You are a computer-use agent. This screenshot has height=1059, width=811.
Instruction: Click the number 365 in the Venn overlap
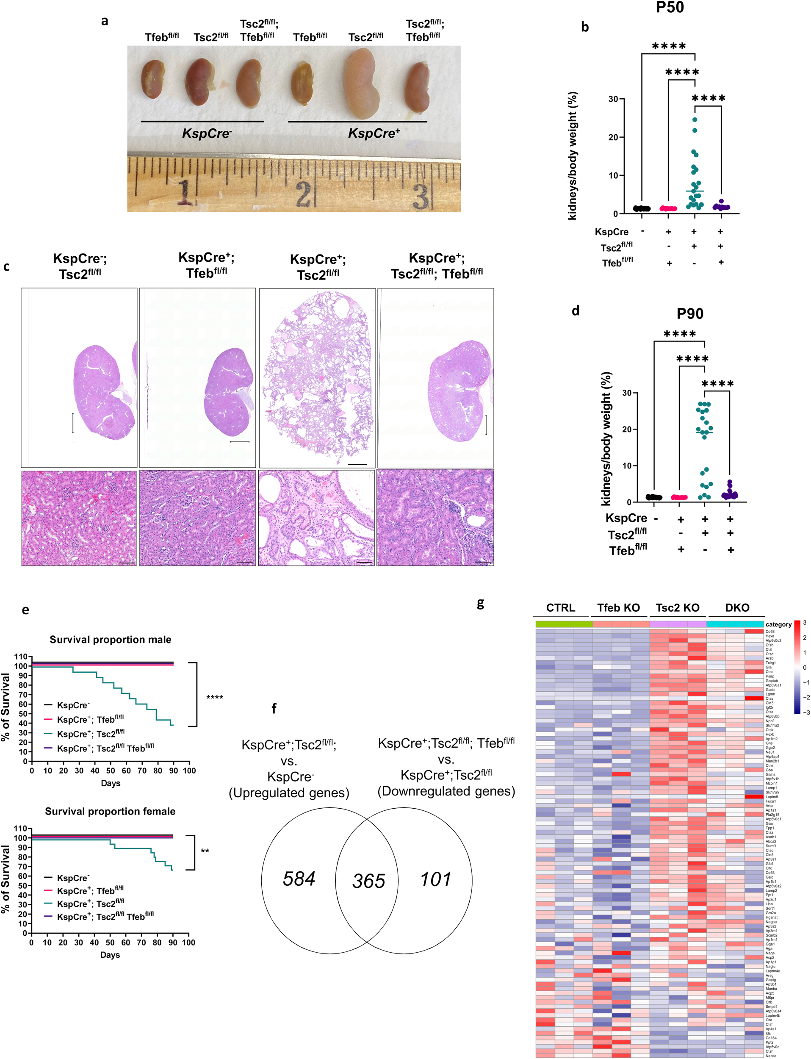pyautogui.click(x=368, y=881)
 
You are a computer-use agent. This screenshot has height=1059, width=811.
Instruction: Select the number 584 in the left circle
pyautogui.click(x=299, y=879)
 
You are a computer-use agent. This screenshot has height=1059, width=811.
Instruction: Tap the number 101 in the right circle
pyautogui.click(x=435, y=879)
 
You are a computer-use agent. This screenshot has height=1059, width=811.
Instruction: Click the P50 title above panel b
pyautogui.click(x=670, y=8)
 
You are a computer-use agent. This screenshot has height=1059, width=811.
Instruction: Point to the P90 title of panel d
pyautogui.click(x=690, y=314)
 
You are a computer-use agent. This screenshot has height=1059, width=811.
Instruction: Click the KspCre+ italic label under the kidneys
pyautogui.click(x=374, y=133)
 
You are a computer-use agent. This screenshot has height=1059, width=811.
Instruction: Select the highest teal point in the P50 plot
pyautogui.click(x=695, y=119)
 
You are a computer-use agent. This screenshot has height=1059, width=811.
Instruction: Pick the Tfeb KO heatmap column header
pyautogui.click(x=618, y=607)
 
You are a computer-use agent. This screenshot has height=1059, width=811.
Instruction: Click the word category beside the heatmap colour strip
pyautogui.click(x=778, y=624)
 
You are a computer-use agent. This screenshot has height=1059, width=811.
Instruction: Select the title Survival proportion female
pyautogui.click(x=110, y=811)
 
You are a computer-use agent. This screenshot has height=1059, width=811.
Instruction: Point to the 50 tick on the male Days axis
pyautogui.click(x=111, y=771)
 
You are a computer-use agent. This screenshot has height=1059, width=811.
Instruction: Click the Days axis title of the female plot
pyautogui.click(x=110, y=955)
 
